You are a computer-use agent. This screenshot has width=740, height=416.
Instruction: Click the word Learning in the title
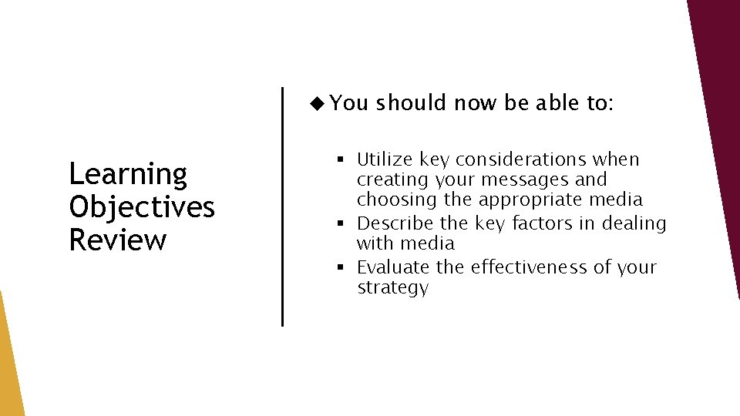click(128, 175)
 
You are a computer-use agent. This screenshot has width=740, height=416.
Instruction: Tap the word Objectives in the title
click(142, 207)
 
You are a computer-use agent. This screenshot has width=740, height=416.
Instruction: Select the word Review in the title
click(117, 240)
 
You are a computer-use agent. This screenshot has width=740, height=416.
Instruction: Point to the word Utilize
click(385, 159)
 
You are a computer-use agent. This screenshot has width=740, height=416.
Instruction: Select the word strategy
click(392, 288)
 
